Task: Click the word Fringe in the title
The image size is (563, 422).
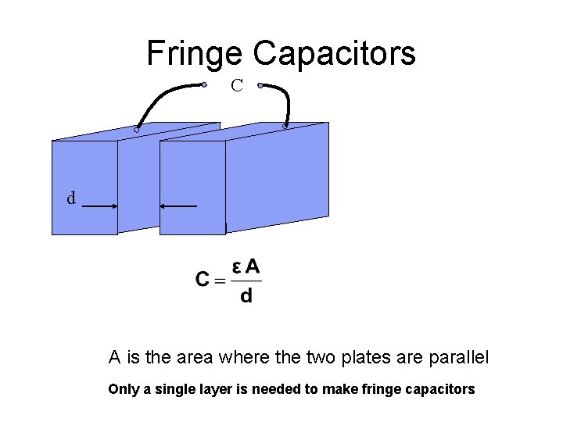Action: tap(195, 53)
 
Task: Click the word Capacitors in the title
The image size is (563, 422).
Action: tap(334, 53)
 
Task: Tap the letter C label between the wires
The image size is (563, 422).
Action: tap(237, 86)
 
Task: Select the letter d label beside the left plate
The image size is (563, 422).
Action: tap(71, 198)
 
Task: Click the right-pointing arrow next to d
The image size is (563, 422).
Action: tap(100, 206)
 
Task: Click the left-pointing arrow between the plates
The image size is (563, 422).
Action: tap(178, 206)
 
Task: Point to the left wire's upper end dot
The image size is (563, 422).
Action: tap(203, 84)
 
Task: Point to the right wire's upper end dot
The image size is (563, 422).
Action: tap(260, 85)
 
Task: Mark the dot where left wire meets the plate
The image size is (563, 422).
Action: tap(136, 130)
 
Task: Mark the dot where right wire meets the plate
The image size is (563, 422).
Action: tap(285, 125)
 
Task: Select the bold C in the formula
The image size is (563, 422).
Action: tap(203, 280)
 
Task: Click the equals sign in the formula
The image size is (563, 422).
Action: tap(220, 281)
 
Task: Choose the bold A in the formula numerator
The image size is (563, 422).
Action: tap(253, 266)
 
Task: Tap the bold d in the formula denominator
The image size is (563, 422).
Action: tap(246, 296)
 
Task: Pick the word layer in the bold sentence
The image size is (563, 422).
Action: tap(206, 389)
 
